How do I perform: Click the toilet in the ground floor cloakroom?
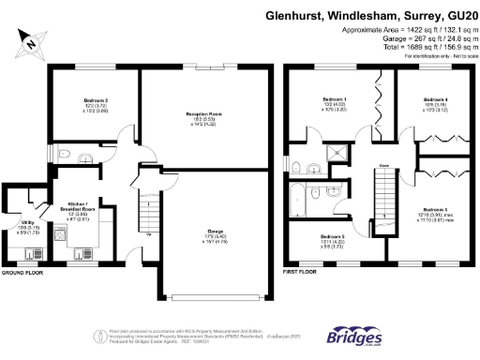pyautogui.click(x=63, y=155)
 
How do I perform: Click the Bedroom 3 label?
pyautogui.click(x=433, y=209)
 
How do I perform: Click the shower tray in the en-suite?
pyautogui.click(x=334, y=153)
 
